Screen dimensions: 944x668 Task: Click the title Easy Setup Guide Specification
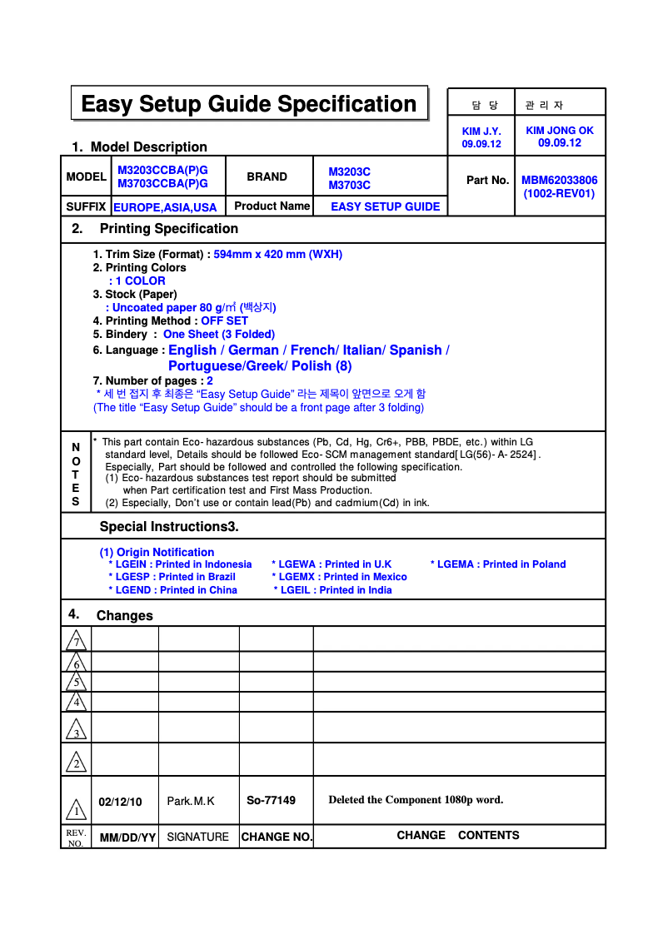(248, 104)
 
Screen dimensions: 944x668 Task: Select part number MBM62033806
(559, 180)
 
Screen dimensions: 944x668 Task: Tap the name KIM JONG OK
(560, 131)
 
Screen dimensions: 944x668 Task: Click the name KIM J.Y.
(481, 132)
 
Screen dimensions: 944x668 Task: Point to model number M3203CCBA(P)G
(162, 170)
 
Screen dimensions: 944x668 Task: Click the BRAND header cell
(267, 176)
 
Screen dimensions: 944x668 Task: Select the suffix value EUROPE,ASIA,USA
(165, 207)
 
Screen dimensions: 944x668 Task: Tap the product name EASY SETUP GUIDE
(385, 206)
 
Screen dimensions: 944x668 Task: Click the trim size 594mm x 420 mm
(277, 254)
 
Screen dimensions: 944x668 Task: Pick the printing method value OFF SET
(224, 320)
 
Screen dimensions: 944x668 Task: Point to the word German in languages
(253, 350)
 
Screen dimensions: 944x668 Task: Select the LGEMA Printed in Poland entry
(498, 564)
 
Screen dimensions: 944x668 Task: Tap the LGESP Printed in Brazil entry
(172, 577)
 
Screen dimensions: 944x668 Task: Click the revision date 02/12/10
(120, 802)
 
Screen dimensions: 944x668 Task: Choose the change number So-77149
(271, 801)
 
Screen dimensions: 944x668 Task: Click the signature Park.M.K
(191, 802)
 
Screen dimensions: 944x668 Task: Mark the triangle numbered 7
(76, 640)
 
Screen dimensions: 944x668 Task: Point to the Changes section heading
(124, 616)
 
